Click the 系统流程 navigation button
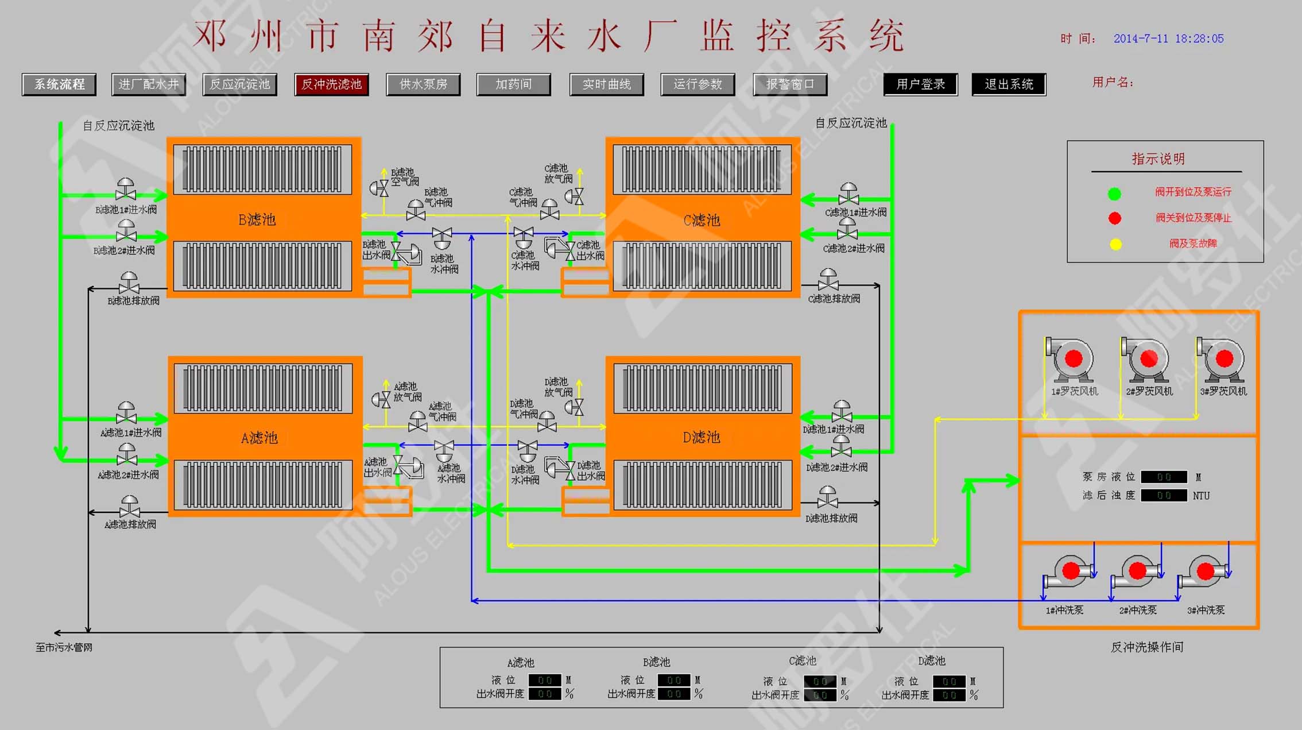coord(59,84)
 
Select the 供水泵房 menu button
coord(423,84)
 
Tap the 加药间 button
coord(513,84)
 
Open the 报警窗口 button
coord(790,84)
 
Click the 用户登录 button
coord(920,84)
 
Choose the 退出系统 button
coord(1009,84)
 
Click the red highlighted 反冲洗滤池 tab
coord(331,84)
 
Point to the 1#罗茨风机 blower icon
coord(1070,360)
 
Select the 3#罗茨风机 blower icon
coord(1221,360)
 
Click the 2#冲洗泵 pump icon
coord(1136,571)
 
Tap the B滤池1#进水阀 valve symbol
coord(126,190)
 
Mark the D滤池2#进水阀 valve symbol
coord(841,447)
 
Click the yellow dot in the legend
coord(1115,245)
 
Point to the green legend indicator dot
coord(1114,194)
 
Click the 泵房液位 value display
coord(1164,477)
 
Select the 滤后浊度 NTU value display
coord(1164,496)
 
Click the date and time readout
coord(1168,39)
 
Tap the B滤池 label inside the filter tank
coord(257,220)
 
